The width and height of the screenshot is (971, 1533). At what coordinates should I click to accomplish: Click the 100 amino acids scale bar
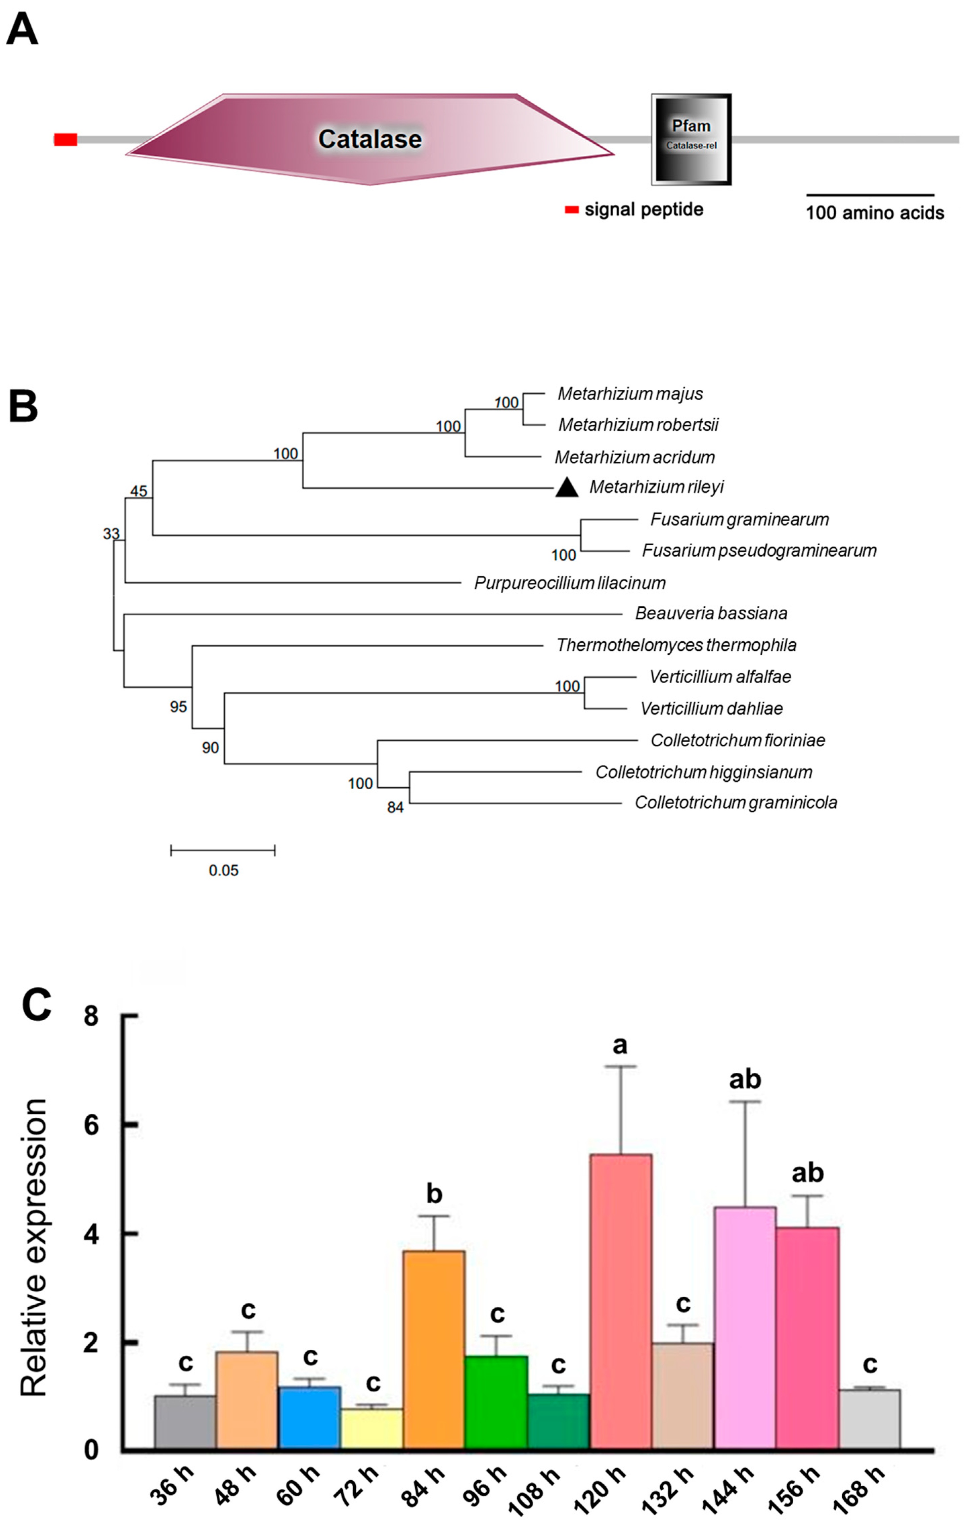pyautogui.click(x=870, y=195)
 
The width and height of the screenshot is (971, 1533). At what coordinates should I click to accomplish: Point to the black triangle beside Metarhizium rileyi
pyautogui.click(x=567, y=487)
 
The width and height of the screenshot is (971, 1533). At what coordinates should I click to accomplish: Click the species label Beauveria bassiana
pyautogui.click(x=711, y=613)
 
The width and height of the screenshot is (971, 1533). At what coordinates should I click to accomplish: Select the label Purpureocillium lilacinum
pyautogui.click(x=569, y=583)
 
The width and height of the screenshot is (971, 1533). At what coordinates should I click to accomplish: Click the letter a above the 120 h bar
pyautogui.click(x=620, y=1046)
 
